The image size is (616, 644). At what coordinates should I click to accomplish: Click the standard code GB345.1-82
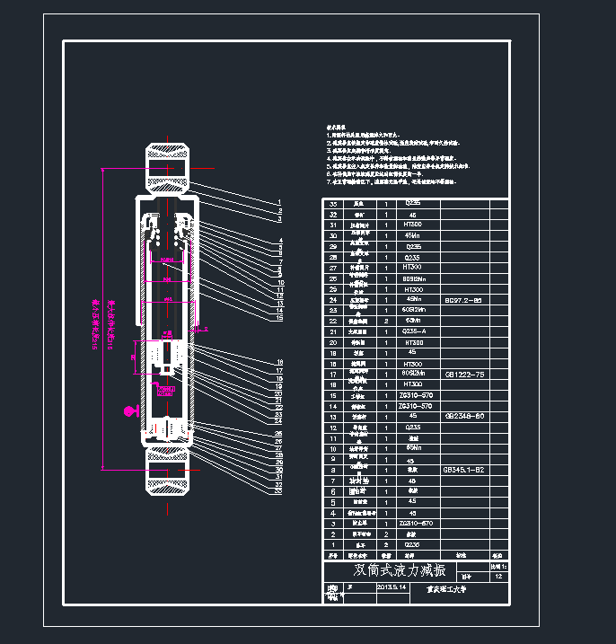463,470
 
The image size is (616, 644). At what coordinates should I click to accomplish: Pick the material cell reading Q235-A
413,331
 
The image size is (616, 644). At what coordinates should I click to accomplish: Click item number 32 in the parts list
334,215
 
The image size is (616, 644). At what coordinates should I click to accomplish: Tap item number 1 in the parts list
334,544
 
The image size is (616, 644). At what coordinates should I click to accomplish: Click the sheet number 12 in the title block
498,577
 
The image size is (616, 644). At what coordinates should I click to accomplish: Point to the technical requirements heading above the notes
336,128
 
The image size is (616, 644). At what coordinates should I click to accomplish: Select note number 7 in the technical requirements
328,182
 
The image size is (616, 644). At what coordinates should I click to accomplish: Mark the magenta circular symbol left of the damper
130,411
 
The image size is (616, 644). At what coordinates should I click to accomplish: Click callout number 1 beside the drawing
279,202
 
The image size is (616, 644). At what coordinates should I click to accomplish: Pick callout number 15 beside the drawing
279,318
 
